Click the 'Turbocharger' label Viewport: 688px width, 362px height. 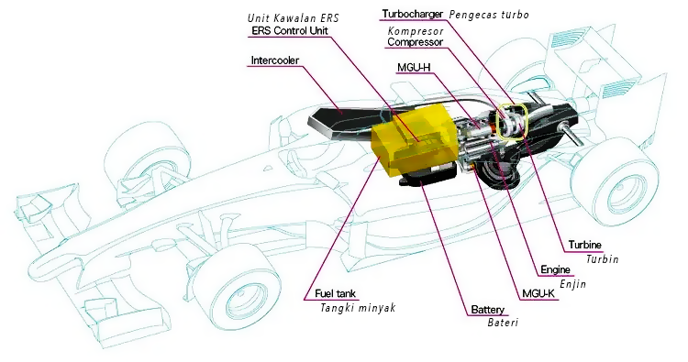click(413, 14)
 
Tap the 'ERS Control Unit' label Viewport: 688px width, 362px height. click(290, 30)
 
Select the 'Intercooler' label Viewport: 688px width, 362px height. click(274, 60)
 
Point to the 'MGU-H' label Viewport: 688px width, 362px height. click(414, 68)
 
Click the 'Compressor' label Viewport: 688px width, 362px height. click(415, 42)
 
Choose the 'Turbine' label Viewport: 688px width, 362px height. click(585, 245)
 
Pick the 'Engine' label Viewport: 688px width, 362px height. click(556, 269)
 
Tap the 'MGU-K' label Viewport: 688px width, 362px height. click(538, 293)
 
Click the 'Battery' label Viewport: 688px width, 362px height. click(487, 310)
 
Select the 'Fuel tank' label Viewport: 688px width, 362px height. click(335, 293)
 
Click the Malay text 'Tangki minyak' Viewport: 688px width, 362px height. click(358, 308)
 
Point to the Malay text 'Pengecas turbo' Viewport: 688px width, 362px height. click(489, 15)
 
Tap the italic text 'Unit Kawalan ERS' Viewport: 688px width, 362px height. click(294, 18)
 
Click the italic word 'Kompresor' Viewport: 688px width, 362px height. click(416, 31)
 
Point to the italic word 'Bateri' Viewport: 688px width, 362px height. click(503, 323)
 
